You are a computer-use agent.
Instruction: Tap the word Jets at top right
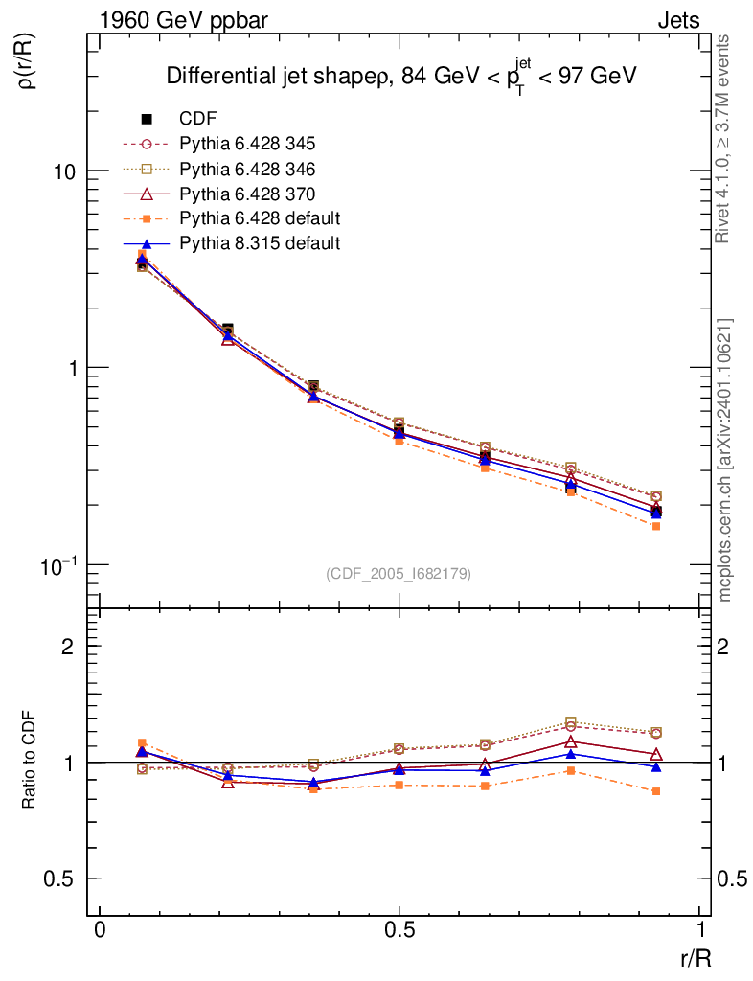tap(678, 20)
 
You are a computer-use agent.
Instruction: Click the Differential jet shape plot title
tap(402, 77)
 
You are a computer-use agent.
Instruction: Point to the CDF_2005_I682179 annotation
tap(399, 573)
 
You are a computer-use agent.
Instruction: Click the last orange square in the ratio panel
tap(655, 791)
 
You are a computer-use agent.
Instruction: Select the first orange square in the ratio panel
tap(142, 742)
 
